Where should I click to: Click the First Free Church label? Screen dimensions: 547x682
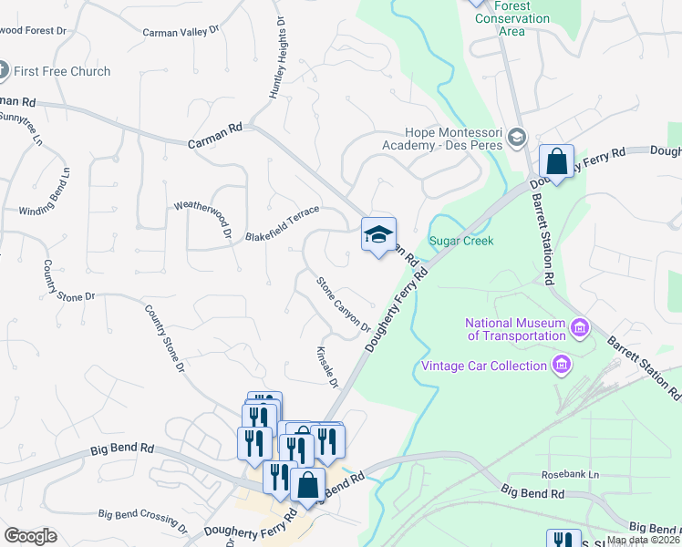(x=61, y=71)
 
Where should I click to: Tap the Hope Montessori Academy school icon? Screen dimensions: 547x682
(x=517, y=137)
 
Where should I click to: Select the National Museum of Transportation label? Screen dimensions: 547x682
(x=515, y=329)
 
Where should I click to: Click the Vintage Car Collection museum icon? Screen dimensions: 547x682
(x=562, y=366)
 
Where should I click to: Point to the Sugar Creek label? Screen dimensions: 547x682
(x=461, y=241)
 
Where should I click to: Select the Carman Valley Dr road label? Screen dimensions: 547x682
(x=181, y=32)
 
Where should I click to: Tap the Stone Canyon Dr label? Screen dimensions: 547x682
(x=343, y=304)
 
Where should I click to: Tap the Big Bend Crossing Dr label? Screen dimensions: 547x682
(x=142, y=521)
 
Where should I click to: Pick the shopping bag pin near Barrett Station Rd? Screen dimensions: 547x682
(x=555, y=162)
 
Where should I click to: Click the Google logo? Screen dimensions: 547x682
(x=30, y=536)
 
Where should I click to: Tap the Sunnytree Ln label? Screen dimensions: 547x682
(x=21, y=129)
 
